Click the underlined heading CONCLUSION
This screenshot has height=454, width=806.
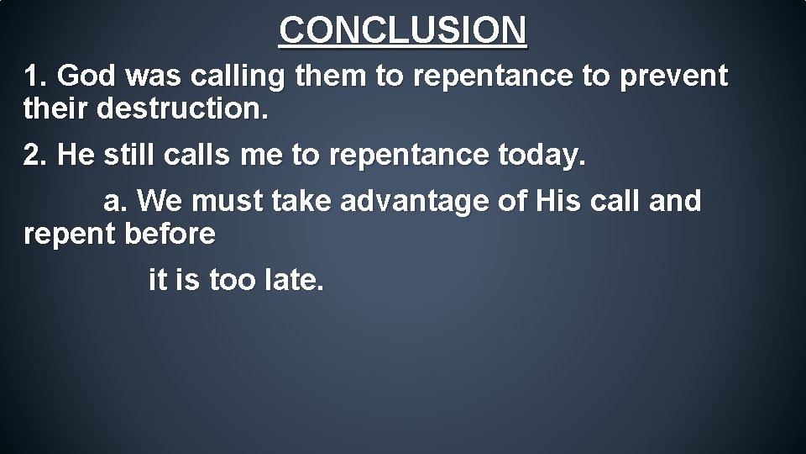pyautogui.click(x=403, y=30)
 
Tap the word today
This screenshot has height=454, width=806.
pyautogui.click(x=546, y=156)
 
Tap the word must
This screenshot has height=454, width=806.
pyautogui.click(x=228, y=202)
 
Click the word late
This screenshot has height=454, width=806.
pyautogui.click(x=293, y=279)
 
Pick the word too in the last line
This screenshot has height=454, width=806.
pyautogui.click(x=231, y=279)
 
